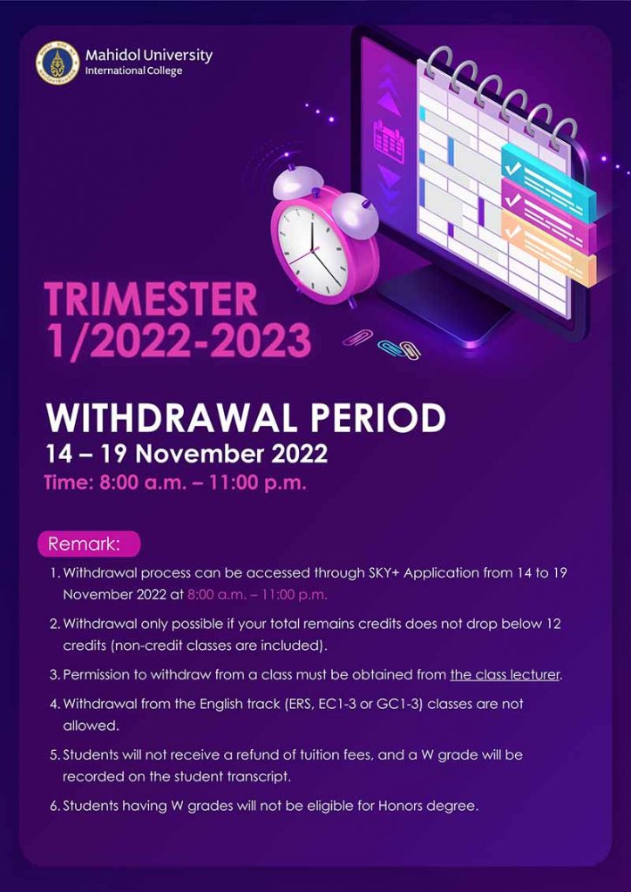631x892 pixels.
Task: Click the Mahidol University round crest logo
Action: (x=58, y=63)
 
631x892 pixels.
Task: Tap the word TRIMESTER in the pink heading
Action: (x=151, y=301)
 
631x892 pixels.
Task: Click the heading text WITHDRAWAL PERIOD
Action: (x=245, y=419)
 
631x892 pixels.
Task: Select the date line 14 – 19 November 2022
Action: (x=186, y=455)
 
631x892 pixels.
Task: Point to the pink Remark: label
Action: (x=88, y=544)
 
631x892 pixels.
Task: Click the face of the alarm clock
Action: (x=312, y=247)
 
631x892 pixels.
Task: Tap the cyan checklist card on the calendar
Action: (x=547, y=182)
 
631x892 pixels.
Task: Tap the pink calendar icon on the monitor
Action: (x=389, y=142)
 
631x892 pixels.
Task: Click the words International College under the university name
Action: (x=133, y=71)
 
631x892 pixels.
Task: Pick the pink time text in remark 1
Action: (x=258, y=595)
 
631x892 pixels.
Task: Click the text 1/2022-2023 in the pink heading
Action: (x=178, y=341)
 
